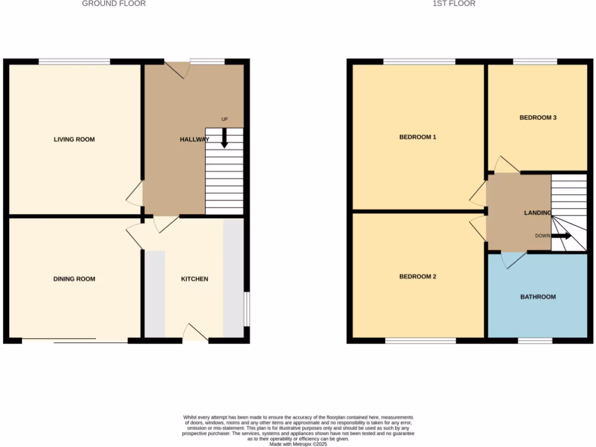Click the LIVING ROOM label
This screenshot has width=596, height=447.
tap(74, 140)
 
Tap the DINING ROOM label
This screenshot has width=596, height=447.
tap(74, 279)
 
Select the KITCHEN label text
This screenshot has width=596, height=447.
tap(194, 279)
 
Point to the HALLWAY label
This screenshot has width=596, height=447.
tap(194, 140)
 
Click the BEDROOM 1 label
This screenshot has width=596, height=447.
tap(417, 137)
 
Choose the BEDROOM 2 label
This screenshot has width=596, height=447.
tap(417, 277)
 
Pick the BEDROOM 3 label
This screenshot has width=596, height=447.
tap(538, 118)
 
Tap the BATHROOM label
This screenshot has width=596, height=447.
tap(538, 297)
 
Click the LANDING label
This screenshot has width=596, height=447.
tap(537, 213)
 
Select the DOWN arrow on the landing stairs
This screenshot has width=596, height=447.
tap(562, 236)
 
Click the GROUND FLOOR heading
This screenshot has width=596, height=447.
tap(113, 3)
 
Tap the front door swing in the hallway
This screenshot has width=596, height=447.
tap(178, 69)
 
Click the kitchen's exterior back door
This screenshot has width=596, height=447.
tap(195, 333)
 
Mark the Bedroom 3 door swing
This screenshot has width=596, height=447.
tap(506, 165)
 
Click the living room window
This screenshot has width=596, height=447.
tap(74, 61)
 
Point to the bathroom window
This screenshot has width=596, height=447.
tap(535, 340)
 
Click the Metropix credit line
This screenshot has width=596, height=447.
tap(298, 444)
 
